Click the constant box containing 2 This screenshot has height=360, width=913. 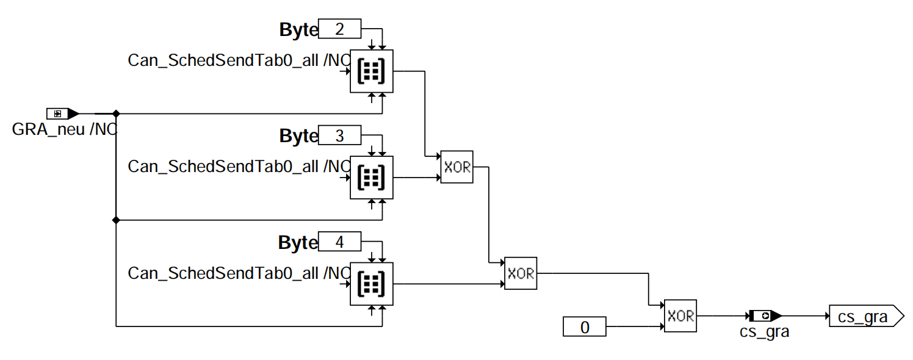(340, 29)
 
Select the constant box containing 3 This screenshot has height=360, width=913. (340, 135)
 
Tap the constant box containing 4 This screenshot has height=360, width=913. (340, 242)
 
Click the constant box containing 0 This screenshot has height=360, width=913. (584, 327)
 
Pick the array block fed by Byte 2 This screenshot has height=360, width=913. (372, 71)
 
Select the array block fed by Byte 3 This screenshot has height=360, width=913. (372, 178)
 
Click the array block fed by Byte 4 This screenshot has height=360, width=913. (372, 284)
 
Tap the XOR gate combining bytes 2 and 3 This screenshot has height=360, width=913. (457, 167)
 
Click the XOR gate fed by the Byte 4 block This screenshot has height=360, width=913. (521, 273)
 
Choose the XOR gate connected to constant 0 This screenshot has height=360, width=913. (680, 315)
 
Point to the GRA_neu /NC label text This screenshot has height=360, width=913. (64, 129)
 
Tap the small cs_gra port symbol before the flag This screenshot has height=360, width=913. (765, 316)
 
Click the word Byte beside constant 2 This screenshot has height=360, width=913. (298, 30)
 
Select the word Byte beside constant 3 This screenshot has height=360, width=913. (298, 137)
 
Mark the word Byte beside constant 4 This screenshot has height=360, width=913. (298, 243)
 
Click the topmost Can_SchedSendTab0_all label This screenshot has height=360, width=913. (237, 60)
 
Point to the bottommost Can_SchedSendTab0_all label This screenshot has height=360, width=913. (237, 273)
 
